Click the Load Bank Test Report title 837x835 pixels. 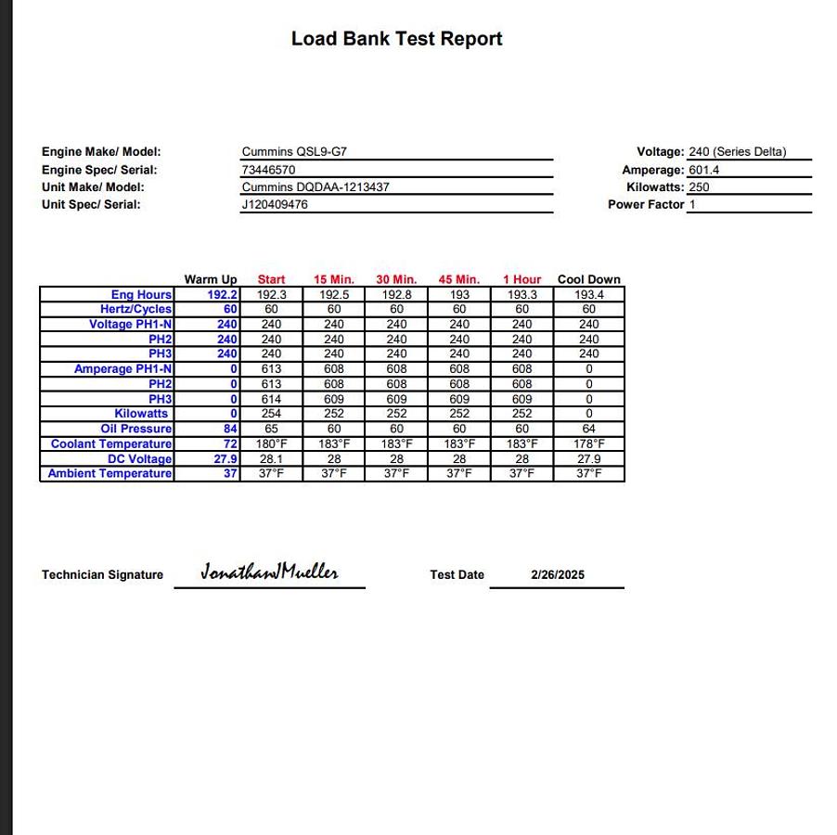coord(396,39)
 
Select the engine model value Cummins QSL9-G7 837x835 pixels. coord(294,152)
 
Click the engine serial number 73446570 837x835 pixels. coord(268,170)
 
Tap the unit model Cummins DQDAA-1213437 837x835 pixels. coord(315,187)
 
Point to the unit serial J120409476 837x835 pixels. coord(275,205)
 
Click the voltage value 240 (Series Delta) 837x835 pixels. coord(737,152)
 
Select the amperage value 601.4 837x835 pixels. coord(703,170)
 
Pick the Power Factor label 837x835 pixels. coord(646,205)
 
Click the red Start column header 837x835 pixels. coord(271,279)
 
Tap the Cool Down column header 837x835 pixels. coord(588,279)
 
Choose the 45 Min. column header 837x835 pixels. coord(458,279)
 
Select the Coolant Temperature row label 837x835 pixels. coord(111,443)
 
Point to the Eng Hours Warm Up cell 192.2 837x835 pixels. coord(222,295)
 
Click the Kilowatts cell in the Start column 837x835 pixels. coord(271,414)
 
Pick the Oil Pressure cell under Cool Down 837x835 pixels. coord(588,429)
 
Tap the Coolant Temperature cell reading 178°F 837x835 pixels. coord(588,443)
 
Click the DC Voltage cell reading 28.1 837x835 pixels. coord(271,458)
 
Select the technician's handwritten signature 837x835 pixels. coord(269,572)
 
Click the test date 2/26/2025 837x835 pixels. coord(558,575)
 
